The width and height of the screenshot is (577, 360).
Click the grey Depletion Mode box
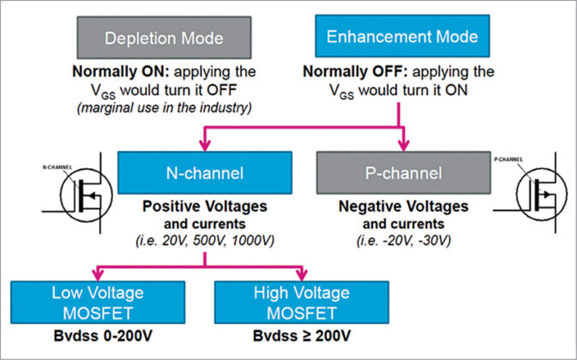(165, 39)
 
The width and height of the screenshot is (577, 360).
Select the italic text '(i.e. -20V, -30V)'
(400, 241)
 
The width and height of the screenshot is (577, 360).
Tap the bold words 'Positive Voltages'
(197, 207)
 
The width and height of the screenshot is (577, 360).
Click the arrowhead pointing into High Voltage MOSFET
(303, 273)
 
